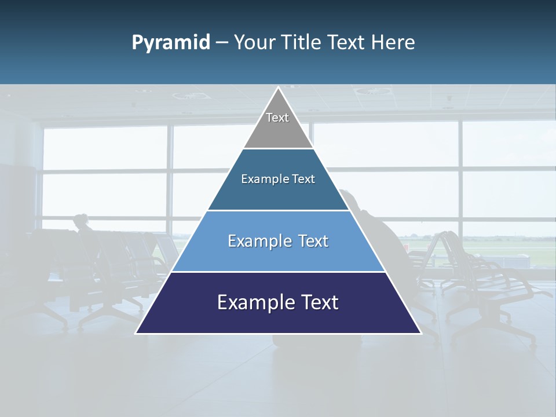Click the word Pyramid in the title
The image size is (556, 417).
tap(171, 43)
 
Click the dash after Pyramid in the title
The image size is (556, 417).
tap(222, 43)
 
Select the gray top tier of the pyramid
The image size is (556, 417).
tap(278, 130)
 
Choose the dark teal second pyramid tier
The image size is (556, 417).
tap(278, 191)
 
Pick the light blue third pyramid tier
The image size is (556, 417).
tap(278, 255)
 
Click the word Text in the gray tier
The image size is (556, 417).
tap(277, 118)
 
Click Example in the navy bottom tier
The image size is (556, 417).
tap(252, 302)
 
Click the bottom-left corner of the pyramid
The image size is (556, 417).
tap(136, 333)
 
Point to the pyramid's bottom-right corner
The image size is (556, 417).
tap(420, 333)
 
